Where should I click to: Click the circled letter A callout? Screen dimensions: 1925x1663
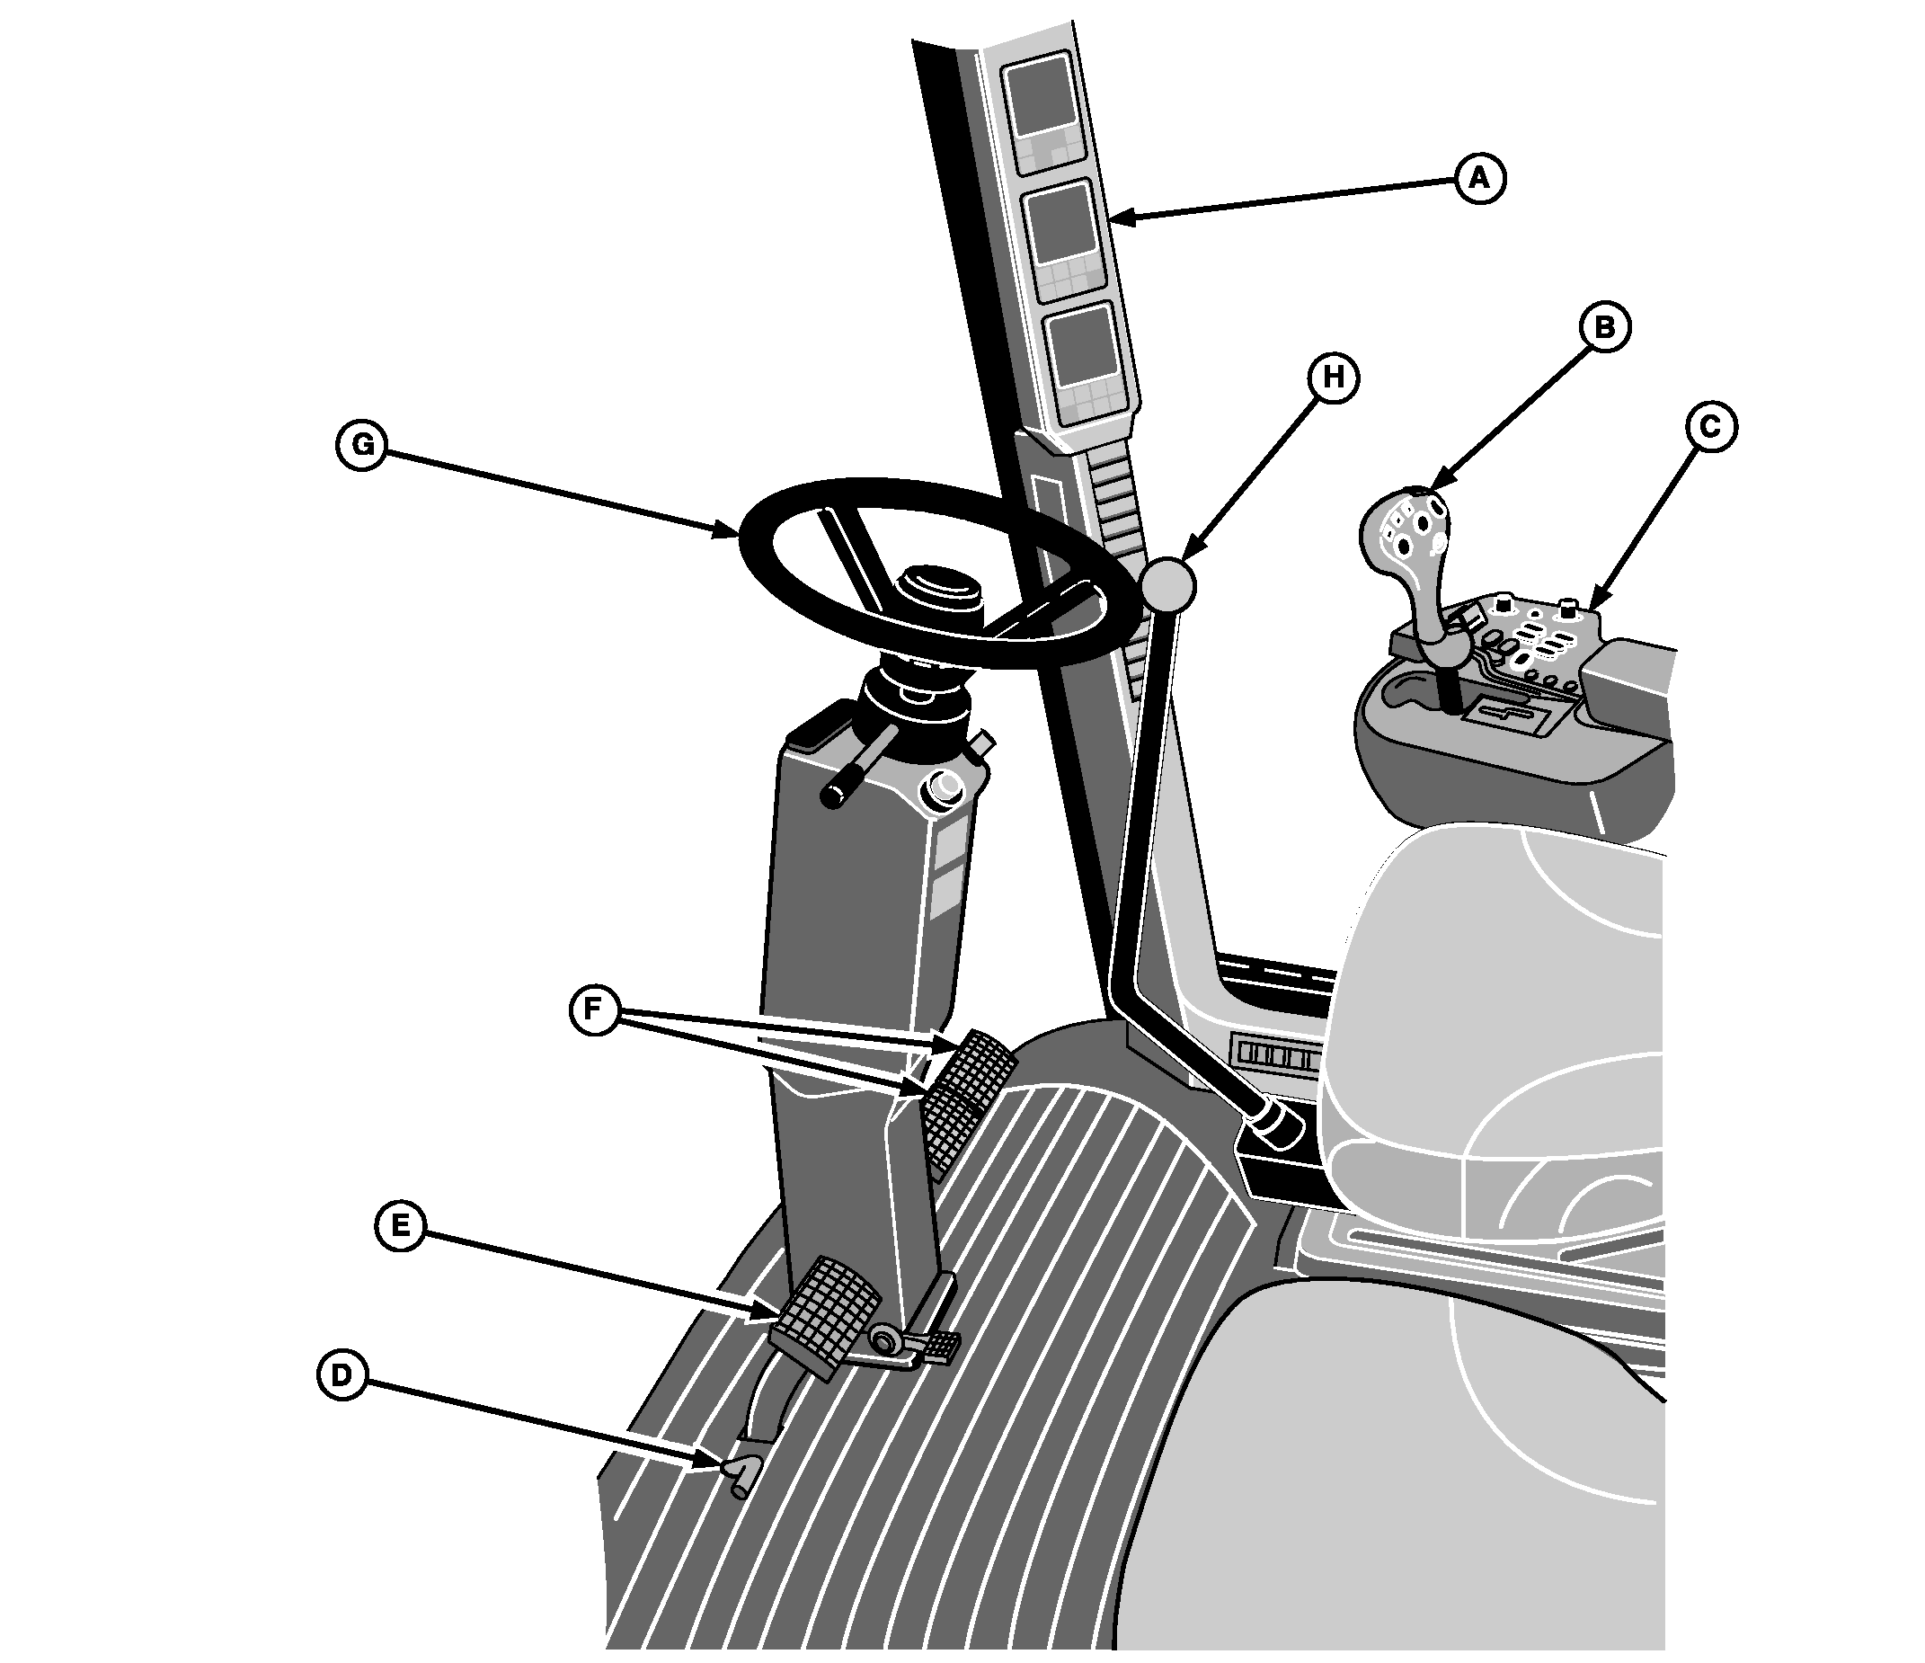pos(1479,177)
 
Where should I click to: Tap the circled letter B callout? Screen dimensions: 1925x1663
pos(1603,328)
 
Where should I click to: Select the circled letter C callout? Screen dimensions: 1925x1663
pos(1709,427)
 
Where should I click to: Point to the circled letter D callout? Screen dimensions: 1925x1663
pos(342,1374)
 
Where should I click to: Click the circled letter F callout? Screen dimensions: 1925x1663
pos(595,1009)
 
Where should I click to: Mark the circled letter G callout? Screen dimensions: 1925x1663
pos(361,445)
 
